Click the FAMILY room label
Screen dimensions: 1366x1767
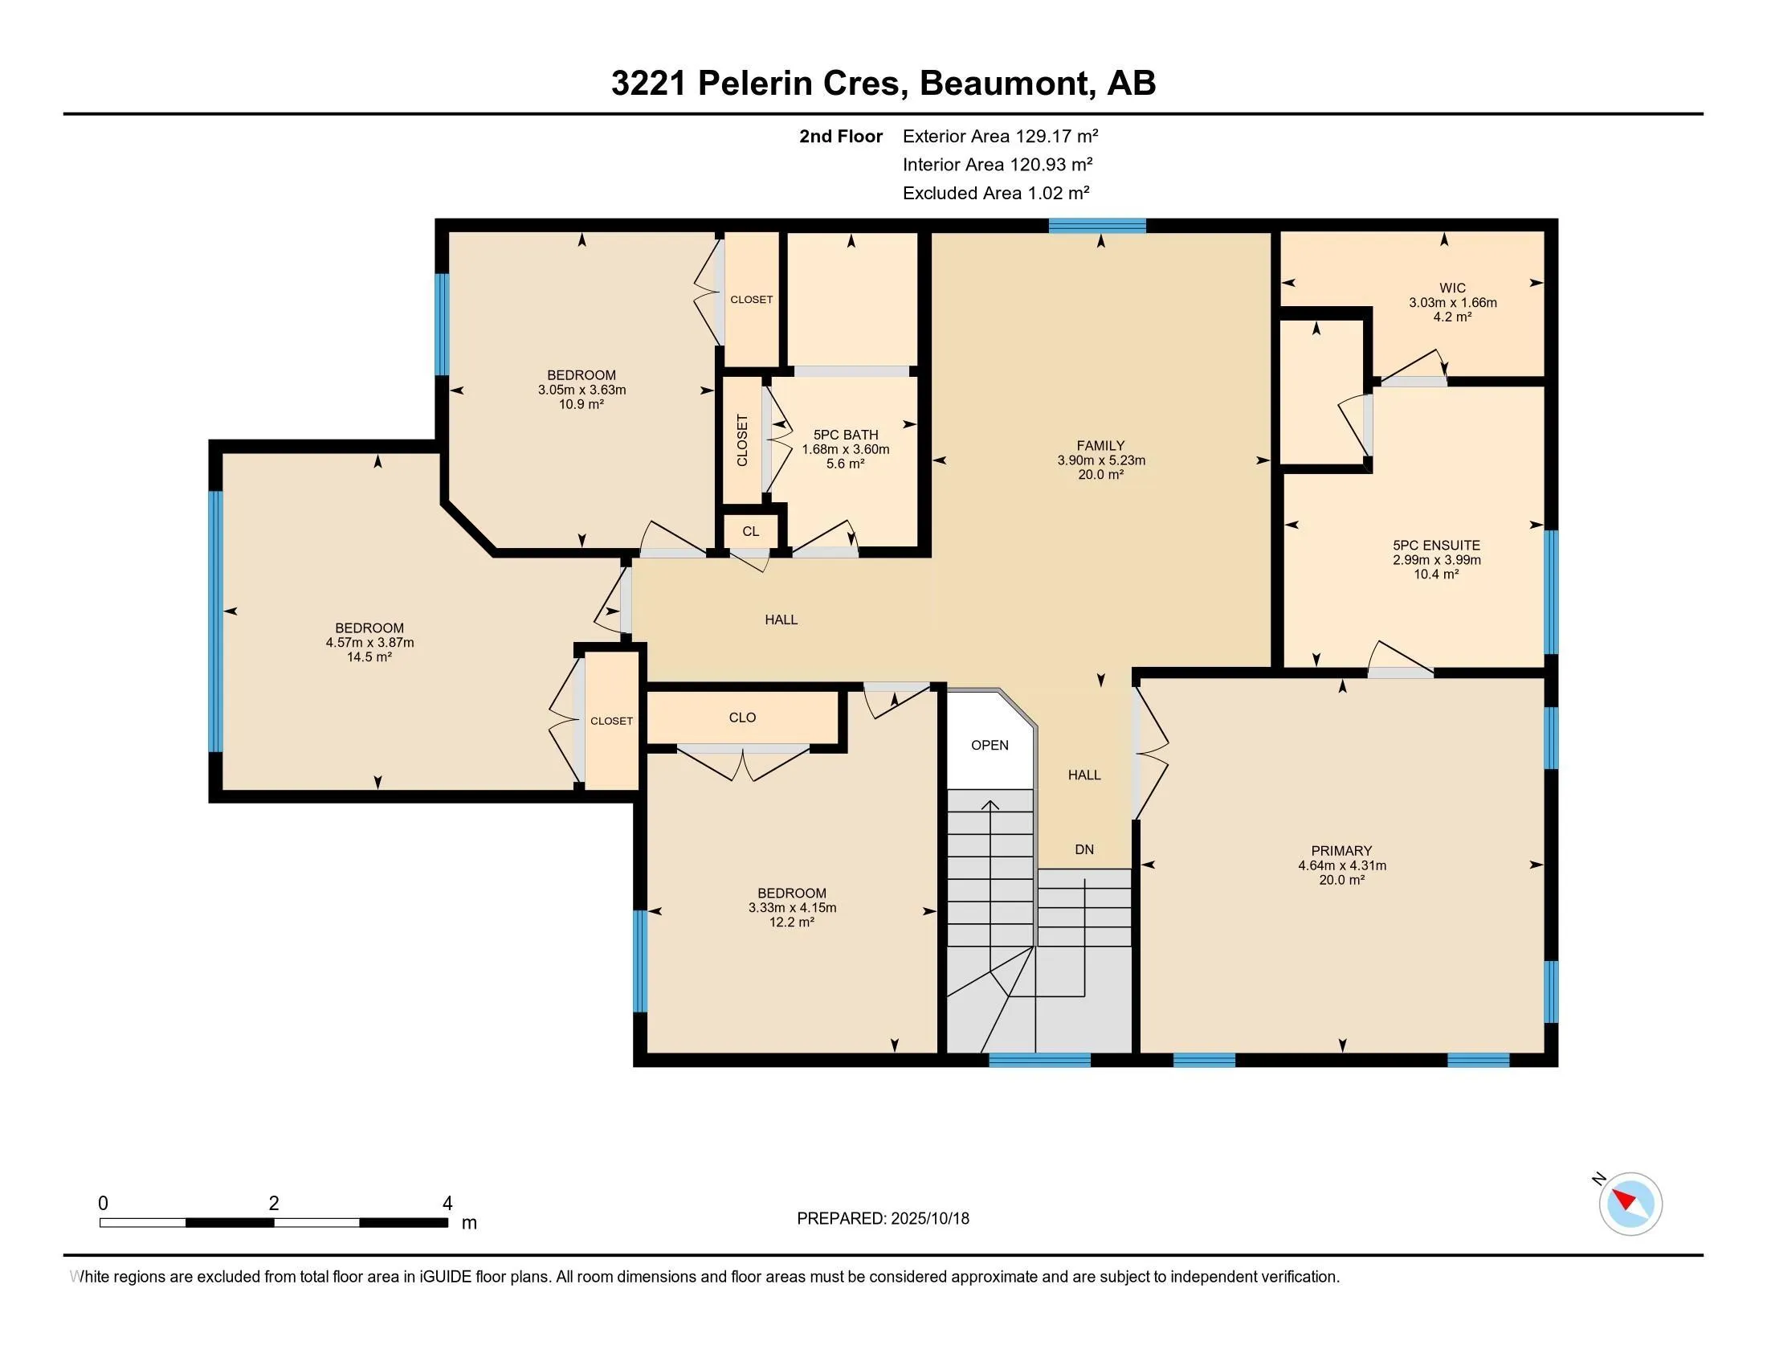point(1100,446)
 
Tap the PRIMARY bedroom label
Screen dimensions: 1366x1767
point(1341,850)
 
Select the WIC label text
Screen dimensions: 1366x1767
point(1452,288)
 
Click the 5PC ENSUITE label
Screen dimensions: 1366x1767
point(1436,546)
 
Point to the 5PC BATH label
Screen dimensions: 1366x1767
point(846,435)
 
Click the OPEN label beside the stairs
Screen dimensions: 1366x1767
point(990,746)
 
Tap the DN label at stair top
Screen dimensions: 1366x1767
point(1084,849)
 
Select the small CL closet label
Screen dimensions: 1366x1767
point(751,532)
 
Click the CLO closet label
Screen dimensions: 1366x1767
point(742,718)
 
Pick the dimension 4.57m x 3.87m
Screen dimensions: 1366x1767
point(369,643)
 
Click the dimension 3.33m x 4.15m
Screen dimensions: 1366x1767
point(792,908)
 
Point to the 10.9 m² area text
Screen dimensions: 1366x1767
point(581,404)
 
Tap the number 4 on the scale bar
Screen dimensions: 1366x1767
point(447,1204)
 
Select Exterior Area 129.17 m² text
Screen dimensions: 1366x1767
point(1000,136)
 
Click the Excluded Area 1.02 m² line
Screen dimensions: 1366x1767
point(995,193)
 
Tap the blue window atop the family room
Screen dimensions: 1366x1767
point(1097,226)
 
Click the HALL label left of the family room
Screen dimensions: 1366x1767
point(781,620)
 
